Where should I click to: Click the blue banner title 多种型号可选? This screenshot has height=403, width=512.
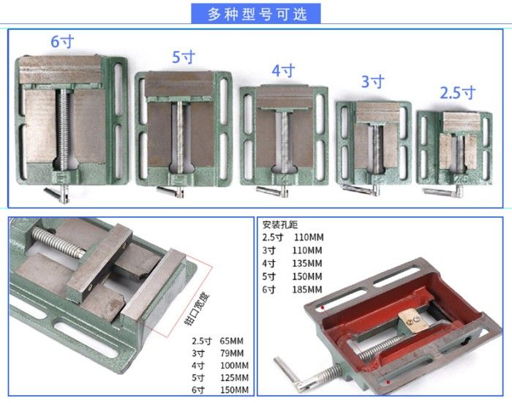tap(257, 14)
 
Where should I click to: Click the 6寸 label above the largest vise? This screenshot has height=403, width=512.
tap(62, 42)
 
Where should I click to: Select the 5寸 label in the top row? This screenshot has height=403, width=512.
tap(184, 57)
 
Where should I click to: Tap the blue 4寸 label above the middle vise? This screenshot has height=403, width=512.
tap(284, 70)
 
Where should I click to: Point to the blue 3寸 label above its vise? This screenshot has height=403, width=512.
tap(372, 81)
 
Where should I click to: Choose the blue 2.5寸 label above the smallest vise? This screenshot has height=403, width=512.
tap(457, 93)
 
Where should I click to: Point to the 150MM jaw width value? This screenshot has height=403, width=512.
tap(235, 390)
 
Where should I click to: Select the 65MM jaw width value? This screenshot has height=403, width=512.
tap(232, 341)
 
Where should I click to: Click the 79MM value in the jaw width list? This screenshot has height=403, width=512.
tap(232, 353)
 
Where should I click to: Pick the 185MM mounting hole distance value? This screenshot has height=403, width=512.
tap(307, 290)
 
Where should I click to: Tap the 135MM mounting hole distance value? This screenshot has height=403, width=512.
tap(307, 263)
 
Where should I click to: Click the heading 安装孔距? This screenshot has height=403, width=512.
tap(280, 225)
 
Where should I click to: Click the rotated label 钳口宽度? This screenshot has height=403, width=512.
tap(197, 309)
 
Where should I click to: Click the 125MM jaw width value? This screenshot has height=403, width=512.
tap(235, 377)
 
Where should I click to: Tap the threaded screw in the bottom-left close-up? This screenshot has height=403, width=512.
tap(59, 243)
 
